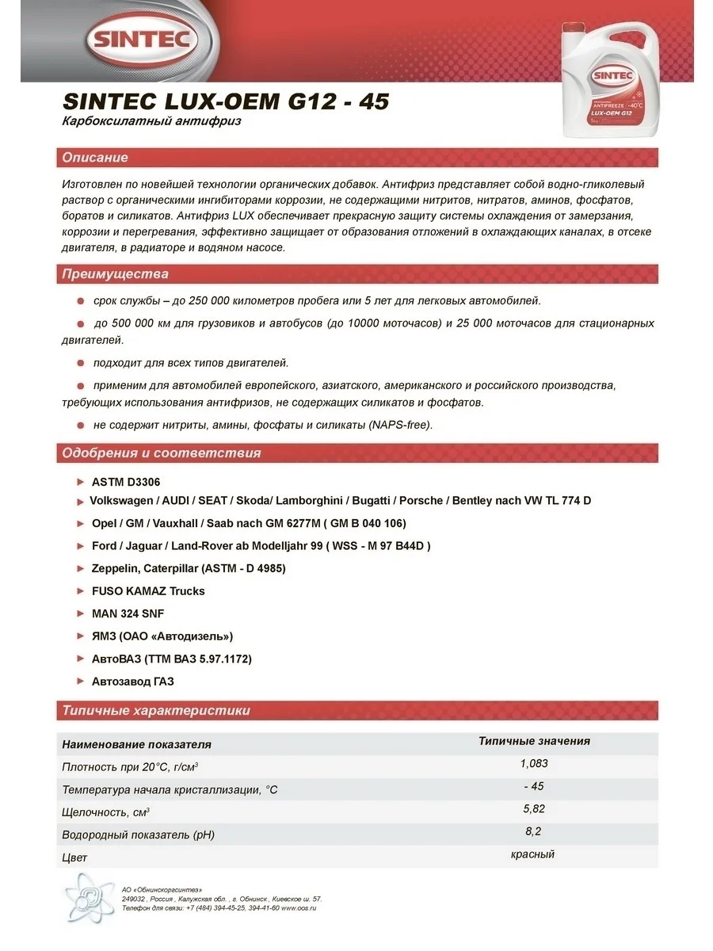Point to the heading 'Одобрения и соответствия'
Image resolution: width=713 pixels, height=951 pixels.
click(x=162, y=453)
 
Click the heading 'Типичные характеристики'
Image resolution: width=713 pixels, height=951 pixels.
click(x=156, y=710)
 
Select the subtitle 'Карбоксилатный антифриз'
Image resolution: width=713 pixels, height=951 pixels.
click(x=151, y=122)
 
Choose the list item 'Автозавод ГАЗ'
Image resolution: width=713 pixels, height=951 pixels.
click(x=132, y=681)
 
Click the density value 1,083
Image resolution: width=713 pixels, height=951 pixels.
click(x=534, y=764)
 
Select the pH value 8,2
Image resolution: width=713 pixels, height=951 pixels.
click(x=534, y=831)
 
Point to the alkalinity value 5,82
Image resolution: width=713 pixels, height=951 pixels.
click(x=534, y=809)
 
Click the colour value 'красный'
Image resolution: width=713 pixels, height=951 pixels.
click(x=534, y=854)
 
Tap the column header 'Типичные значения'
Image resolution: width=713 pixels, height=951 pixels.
click(x=534, y=742)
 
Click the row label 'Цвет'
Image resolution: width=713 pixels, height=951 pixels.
click(x=74, y=857)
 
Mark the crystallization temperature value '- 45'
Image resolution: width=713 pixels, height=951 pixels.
click(x=534, y=786)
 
